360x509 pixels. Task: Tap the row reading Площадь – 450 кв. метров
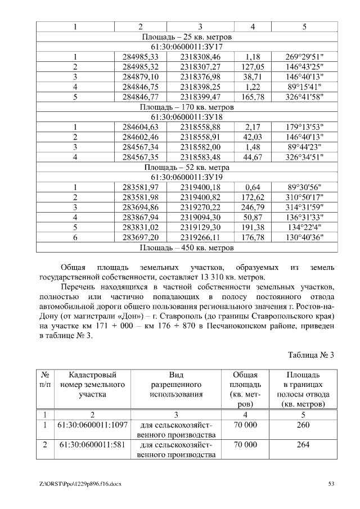coord(187,247)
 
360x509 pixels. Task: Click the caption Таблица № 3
coord(311,355)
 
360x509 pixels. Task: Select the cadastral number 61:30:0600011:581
coord(84,445)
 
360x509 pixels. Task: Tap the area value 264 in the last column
coord(303,445)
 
